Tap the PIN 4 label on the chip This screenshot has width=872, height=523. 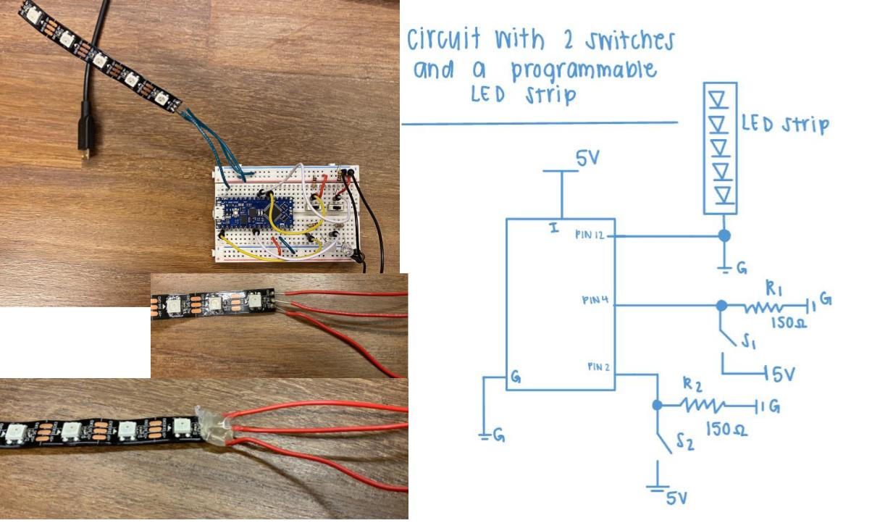point(595,299)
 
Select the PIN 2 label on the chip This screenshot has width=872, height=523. point(598,367)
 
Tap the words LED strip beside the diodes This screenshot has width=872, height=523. point(784,125)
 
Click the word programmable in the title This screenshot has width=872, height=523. point(584,70)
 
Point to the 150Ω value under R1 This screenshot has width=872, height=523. point(787,322)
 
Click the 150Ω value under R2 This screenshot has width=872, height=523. point(726,430)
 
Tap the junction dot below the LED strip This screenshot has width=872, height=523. point(722,236)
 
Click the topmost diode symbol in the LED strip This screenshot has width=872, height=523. point(720,97)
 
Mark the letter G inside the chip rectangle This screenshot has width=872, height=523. point(516,377)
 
